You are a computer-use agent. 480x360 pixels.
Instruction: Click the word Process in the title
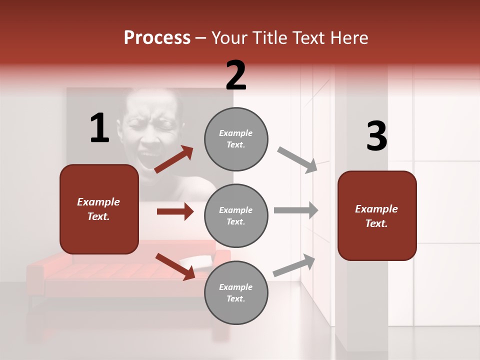(157, 38)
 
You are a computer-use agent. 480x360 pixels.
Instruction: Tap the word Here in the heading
(348, 38)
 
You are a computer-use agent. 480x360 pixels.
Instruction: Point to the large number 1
(99, 128)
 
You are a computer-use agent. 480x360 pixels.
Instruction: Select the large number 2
(236, 75)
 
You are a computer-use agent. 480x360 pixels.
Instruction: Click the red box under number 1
(99, 209)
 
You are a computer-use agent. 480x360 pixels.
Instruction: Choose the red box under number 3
(377, 215)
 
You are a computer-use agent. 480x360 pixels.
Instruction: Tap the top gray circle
(236, 139)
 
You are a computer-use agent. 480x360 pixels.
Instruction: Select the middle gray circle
(236, 215)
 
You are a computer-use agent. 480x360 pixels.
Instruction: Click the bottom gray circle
(236, 292)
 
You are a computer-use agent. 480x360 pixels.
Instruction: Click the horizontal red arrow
(175, 211)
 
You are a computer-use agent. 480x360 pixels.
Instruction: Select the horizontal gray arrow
(296, 210)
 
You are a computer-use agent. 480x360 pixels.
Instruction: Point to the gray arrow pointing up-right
(294, 265)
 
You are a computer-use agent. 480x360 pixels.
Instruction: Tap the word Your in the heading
(231, 38)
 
